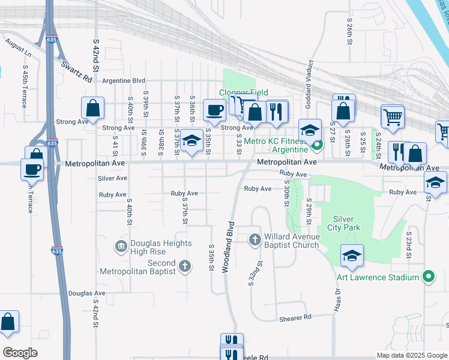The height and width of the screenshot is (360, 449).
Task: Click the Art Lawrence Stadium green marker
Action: [x=427, y=277]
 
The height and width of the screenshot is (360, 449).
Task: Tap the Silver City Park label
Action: [x=344, y=223]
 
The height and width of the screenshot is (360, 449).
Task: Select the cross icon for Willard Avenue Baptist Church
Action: [x=255, y=240]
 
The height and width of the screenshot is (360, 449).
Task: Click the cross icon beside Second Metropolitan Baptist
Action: [x=185, y=266]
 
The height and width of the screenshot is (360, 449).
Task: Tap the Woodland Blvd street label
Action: [x=229, y=247]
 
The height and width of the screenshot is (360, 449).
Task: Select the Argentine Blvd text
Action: [x=124, y=80]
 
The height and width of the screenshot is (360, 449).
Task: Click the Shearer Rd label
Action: [x=295, y=317]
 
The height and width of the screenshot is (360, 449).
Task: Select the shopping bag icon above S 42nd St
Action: [x=93, y=109]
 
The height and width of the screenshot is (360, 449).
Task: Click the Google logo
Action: [x=20, y=353]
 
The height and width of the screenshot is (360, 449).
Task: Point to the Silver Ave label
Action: [x=112, y=178]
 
